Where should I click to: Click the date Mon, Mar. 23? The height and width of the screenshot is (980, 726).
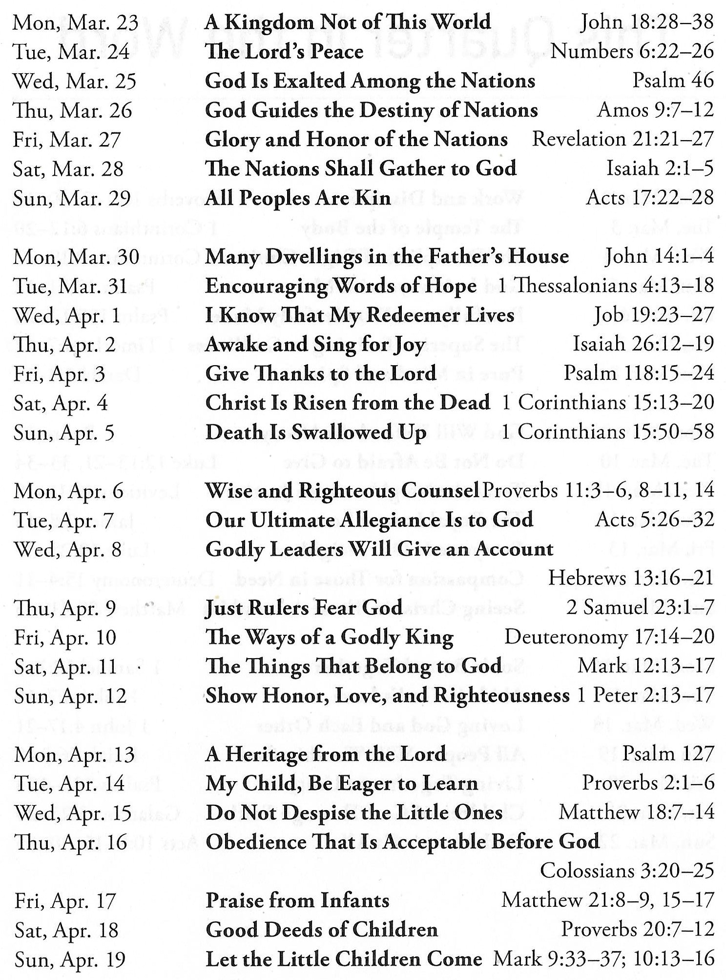pos(76,23)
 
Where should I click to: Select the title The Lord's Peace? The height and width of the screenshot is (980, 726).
pos(284,52)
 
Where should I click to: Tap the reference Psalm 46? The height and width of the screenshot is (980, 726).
pos(673,81)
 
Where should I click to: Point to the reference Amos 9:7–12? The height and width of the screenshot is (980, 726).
pos(655,110)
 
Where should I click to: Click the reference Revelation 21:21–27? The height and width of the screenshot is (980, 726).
pos(622,140)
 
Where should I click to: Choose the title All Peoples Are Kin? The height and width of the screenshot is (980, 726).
pos(298,198)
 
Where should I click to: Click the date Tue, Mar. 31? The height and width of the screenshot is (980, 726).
pos(70,286)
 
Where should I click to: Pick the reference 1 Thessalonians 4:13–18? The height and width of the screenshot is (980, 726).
pos(605,286)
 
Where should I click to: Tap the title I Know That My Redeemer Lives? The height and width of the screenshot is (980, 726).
pos(360,315)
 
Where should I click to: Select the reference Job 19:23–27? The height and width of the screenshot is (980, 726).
pos(653,315)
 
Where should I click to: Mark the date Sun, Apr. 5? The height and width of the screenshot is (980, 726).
pos(64,433)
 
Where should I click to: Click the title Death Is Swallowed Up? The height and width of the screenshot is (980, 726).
pos(316,433)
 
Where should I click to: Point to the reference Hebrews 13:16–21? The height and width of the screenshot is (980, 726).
pos(630,578)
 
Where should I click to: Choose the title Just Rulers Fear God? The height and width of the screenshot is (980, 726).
pos(304,608)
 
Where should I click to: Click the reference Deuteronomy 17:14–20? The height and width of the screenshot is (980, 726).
pos(609,637)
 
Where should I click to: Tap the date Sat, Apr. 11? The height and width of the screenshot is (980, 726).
pos(65,667)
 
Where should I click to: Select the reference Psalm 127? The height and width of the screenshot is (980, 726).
pos(668,754)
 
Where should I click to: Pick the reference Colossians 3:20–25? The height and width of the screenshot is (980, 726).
pos(627,871)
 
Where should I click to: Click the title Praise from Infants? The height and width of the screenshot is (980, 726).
pos(297,900)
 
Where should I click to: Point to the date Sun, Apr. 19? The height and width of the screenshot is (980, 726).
pos(70,959)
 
